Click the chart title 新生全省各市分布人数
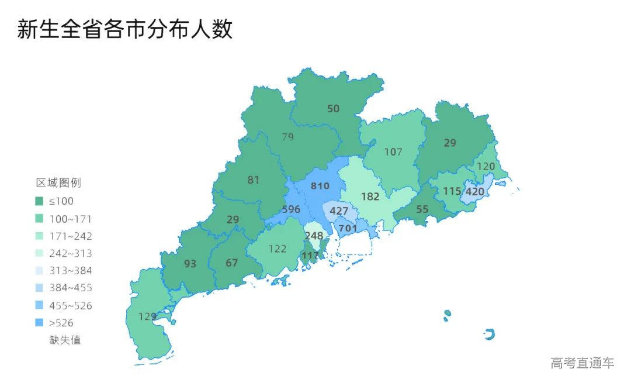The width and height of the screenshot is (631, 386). point(124,29)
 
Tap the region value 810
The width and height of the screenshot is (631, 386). point(320,186)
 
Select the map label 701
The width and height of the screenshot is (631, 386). point(348,228)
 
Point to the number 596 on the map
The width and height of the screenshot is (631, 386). point(291,209)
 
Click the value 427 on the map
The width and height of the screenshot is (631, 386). point(339,211)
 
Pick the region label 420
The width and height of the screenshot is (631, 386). point(474,191)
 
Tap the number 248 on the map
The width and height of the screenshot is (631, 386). point(314,236)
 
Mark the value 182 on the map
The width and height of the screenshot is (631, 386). point(370,197)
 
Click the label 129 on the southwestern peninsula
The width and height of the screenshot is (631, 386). point(147,316)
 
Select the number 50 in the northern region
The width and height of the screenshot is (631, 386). point(333,108)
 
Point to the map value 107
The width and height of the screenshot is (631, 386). point(393,152)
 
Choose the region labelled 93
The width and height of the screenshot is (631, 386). point(190,264)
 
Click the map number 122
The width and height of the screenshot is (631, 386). point(278,249)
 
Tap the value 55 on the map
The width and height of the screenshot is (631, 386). point(422,209)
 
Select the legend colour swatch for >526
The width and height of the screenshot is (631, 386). point(39,322)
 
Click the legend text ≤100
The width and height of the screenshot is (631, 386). point(61,201)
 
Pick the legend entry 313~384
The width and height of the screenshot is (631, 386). point(70,270)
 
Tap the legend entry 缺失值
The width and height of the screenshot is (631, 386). point(65,339)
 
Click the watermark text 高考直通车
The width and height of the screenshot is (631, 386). point(582,363)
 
